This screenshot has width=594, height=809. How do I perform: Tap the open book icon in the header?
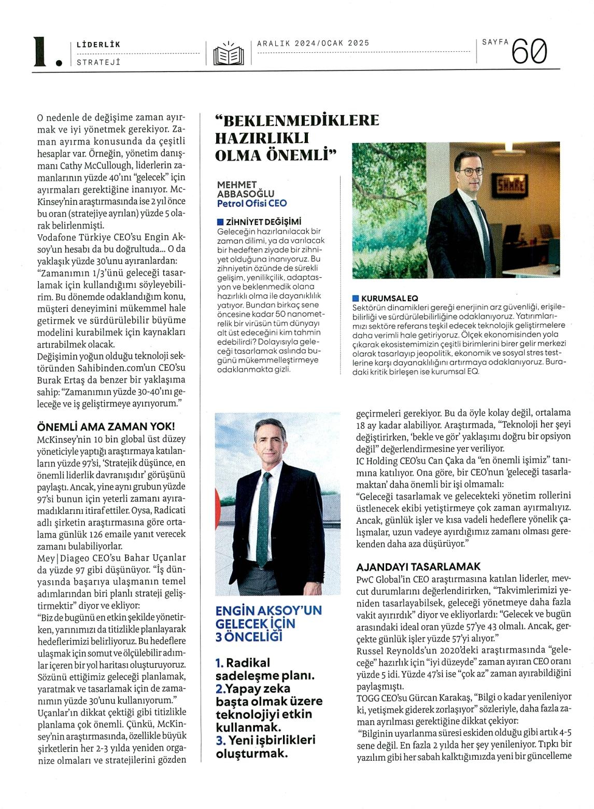click(x=228, y=53)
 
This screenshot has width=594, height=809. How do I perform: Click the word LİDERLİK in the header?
click(x=98, y=45)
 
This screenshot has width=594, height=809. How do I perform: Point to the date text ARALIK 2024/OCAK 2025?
click(x=313, y=43)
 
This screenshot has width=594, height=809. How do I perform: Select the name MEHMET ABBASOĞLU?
click(x=245, y=189)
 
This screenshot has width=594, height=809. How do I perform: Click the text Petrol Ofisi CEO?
click(x=252, y=203)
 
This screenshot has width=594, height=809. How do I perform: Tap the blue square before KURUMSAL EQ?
click(x=355, y=298)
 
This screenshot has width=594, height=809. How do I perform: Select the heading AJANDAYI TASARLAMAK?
click(x=418, y=566)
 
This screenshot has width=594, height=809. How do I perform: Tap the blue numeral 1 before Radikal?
click(x=219, y=663)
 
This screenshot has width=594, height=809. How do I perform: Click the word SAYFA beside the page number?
click(x=495, y=43)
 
